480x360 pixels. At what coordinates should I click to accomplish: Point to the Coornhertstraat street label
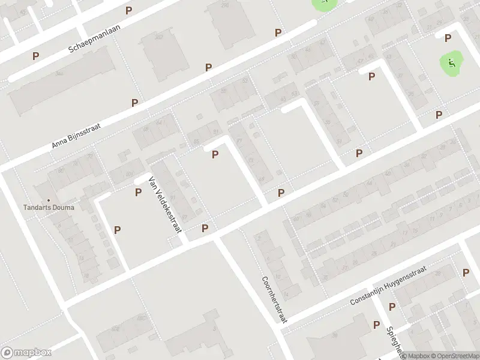click(x=274, y=299)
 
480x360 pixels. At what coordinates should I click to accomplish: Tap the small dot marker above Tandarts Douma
click(x=49, y=200)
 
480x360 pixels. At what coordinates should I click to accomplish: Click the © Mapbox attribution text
click(x=415, y=356)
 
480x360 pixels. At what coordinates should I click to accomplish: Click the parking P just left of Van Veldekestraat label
click(x=138, y=192)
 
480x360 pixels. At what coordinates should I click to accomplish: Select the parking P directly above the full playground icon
click(x=448, y=38)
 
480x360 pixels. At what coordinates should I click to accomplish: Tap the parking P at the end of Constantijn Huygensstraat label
click(x=466, y=272)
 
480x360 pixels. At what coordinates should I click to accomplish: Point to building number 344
click(x=59, y=73)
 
